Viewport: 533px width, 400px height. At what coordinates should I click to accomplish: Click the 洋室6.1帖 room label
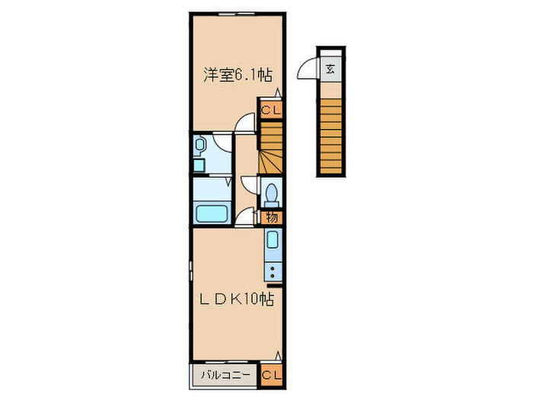(x=238, y=75)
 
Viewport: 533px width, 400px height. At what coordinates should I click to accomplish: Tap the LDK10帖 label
(x=238, y=299)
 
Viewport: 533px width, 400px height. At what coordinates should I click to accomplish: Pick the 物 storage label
(x=273, y=218)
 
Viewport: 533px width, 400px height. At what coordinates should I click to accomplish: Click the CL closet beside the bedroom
(x=272, y=110)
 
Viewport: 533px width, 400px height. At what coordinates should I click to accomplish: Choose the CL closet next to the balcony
(x=272, y=375)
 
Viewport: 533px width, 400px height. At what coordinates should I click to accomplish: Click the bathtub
(x=212, y=213)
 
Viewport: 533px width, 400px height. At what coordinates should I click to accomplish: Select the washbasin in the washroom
(x=200, y=143)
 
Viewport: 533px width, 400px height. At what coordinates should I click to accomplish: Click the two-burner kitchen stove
(x=273, y=270)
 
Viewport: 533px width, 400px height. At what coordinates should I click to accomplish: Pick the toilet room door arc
(x=249, y=185)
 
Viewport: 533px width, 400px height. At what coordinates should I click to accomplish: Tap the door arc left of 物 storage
(x=245, y=218)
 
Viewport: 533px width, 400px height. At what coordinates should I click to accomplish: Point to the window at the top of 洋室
(x=237, y=13)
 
